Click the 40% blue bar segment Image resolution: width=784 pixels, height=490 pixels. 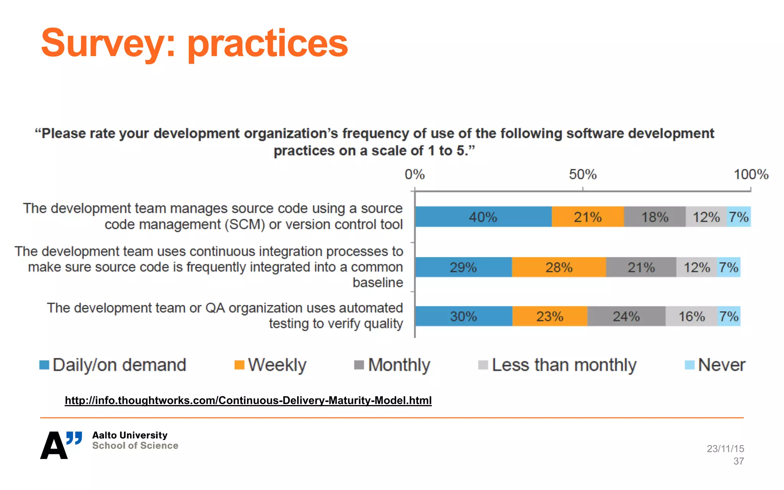click(483, 217)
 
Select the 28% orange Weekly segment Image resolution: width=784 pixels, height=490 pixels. click(559, 267)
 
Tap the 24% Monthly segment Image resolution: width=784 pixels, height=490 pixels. click(626, 317)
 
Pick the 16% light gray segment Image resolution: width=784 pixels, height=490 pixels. click(691, 317)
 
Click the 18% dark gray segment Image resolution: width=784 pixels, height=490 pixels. click(655, 217)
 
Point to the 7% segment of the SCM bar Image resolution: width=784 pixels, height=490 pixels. click(738, 217)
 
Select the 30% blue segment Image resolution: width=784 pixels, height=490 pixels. click(464, 317)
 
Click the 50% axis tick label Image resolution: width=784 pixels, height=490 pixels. click(582, 175)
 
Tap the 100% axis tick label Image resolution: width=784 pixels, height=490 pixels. click(751, 175)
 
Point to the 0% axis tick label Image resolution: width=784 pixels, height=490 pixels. click(415, 175)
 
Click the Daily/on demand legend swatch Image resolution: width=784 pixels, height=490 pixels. click(44, 365)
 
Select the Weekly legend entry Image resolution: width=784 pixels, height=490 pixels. click(277, 365)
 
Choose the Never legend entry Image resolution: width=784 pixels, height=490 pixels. click(721, 365)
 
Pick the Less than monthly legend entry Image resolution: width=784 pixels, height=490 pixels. click(563, 365)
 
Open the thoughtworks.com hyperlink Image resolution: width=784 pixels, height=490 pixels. click(248, 400)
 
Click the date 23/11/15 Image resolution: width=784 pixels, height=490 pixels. click(725, 449)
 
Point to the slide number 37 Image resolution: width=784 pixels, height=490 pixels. click(738, 461)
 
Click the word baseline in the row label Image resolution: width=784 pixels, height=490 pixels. click(377, 283)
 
